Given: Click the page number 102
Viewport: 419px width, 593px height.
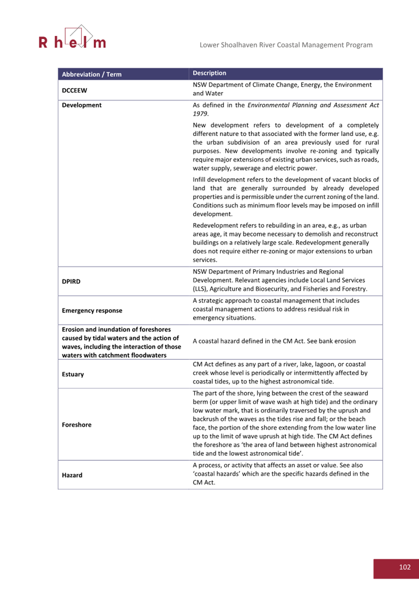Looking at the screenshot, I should [405, 567].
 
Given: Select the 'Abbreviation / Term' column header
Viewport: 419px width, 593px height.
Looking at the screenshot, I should [91, 74].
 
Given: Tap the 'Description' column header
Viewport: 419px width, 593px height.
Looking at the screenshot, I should [209, 73].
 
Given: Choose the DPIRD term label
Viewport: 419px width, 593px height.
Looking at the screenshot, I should [71, 281].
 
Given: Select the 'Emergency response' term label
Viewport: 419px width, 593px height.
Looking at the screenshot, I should [92, 311].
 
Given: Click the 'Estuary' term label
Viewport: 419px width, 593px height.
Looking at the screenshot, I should [73, 375].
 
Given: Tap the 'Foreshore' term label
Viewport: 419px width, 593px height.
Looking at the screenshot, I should [76, 425].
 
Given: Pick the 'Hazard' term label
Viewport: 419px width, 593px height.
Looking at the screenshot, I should [72, 475].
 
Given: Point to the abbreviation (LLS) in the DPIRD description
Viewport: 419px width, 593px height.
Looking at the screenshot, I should [201, 289].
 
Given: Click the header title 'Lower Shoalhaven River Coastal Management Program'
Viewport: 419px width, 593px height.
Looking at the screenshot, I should [286, 45].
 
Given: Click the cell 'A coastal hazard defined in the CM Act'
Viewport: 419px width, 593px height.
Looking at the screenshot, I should [274, 341].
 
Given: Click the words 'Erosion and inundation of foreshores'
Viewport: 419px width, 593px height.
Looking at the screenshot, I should [110, 330].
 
